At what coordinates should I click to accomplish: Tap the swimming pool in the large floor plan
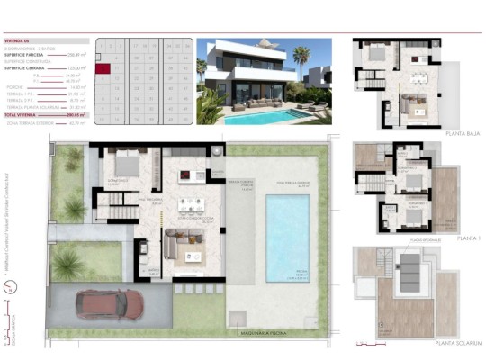click(x=288, y=237)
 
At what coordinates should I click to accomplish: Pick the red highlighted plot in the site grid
click(x=104, y=67)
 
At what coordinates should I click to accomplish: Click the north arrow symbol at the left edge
click(x=9, y=288)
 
